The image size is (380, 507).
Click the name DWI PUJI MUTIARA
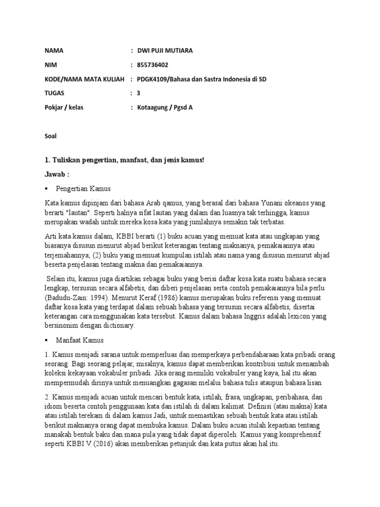point(166,51)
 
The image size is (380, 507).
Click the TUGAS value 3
point(139,93)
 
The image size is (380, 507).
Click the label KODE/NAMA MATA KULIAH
point(84,79)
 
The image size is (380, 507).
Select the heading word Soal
point(50,135)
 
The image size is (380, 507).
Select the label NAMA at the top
point(54,51)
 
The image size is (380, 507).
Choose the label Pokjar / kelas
point(65,107)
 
